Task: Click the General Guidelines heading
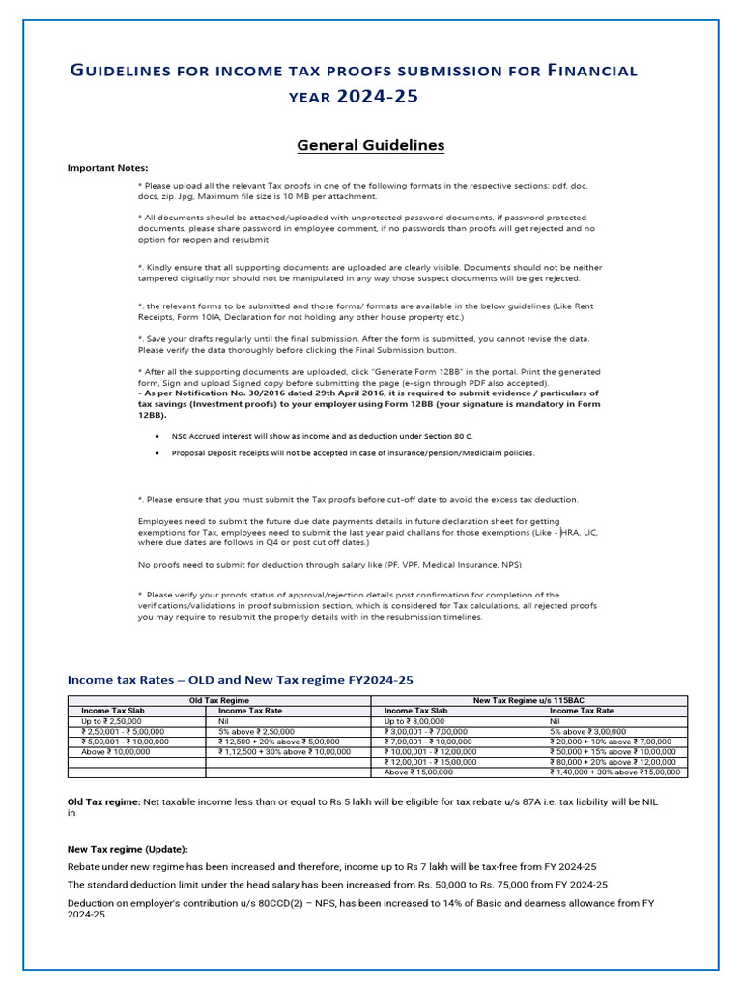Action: coord(370,145)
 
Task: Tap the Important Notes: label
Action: coord(107,168)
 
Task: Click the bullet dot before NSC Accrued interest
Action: coord(157,436)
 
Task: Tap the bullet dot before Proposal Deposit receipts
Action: coord(157,452)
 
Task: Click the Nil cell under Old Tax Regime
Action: coord(224,720)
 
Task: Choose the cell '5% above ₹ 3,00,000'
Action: coord(588,731)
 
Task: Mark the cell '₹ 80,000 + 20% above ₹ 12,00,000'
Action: coord(614,762)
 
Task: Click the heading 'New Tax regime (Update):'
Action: coord(128,848)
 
